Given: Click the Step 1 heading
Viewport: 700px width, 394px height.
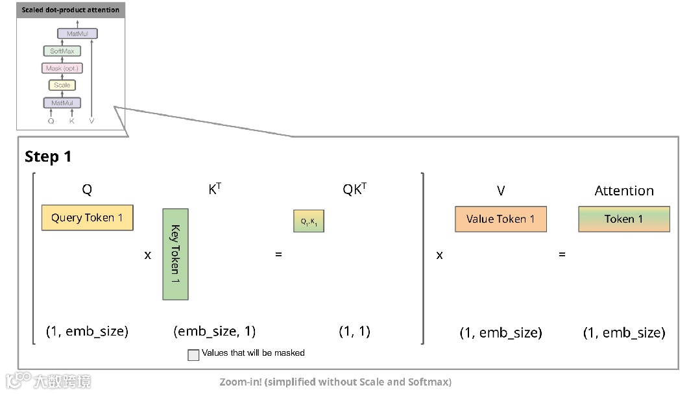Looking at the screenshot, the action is point(48,157).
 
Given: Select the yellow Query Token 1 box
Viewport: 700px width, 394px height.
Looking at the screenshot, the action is point(87,218).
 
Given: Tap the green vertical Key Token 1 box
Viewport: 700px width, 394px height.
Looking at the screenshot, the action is point(175,254).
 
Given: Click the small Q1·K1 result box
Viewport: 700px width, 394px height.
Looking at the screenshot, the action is point(308,221).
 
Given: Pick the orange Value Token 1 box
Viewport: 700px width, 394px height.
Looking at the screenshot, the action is point(500,219).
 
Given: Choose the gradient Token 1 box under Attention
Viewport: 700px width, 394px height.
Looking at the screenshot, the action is point(623,219).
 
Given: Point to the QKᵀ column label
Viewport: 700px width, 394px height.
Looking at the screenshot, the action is point(354,190).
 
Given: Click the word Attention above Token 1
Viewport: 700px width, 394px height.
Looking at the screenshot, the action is point(624,191).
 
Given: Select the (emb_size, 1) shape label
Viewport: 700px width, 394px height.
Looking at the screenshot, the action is point(214,331).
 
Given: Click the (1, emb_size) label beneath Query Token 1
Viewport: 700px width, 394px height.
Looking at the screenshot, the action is point(87,331).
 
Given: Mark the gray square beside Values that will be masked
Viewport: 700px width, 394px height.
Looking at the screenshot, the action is point(193,355).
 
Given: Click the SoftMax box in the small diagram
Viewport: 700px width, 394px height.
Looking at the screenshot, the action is point(62,51).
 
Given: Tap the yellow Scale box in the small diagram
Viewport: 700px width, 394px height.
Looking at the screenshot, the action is point(62,85).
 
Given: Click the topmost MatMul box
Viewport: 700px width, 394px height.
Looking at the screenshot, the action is point(77,33).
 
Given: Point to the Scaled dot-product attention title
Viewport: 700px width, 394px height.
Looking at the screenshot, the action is point(71,10).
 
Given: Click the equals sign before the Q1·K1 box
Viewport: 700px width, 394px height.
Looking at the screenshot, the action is point(278,254).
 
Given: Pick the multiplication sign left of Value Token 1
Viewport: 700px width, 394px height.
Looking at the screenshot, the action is point(439,255).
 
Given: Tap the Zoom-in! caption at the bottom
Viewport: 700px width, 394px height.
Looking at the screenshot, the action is point(335,382).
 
